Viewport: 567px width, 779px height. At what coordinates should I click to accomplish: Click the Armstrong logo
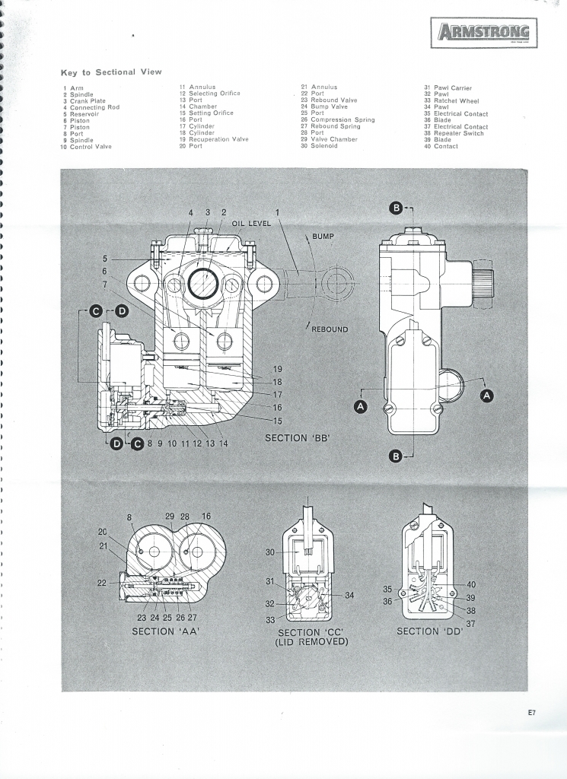click(484, 33)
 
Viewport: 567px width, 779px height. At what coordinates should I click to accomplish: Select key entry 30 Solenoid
click(320, 146)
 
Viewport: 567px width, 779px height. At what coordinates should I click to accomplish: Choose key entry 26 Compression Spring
click(337, 120)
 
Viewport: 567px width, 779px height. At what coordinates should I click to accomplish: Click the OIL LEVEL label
click(251, 224)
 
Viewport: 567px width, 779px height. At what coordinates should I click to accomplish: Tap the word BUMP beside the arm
click(323, 237)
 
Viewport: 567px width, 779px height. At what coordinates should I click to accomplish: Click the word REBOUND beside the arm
click(330, 329)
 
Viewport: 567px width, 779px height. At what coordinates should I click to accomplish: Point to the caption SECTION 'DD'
click(429, 631)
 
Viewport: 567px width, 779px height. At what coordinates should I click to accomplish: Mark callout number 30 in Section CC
click(270, 553)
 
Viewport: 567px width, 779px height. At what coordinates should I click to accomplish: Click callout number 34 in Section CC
click(349, 596)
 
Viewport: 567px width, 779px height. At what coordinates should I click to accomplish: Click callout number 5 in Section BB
click(106, 259)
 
